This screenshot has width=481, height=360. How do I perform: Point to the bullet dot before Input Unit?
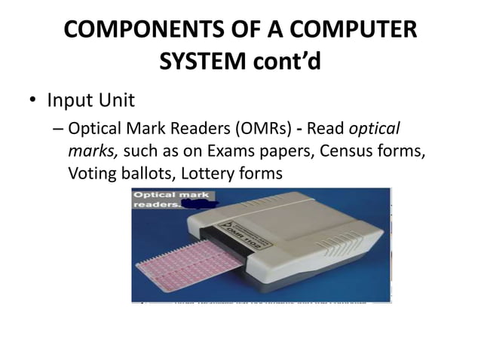pos(34,100)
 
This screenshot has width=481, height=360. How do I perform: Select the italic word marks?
pos(91,151)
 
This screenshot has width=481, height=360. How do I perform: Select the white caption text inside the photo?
pos(161,200)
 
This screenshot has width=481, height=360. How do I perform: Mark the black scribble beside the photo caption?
pos(202,204)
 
